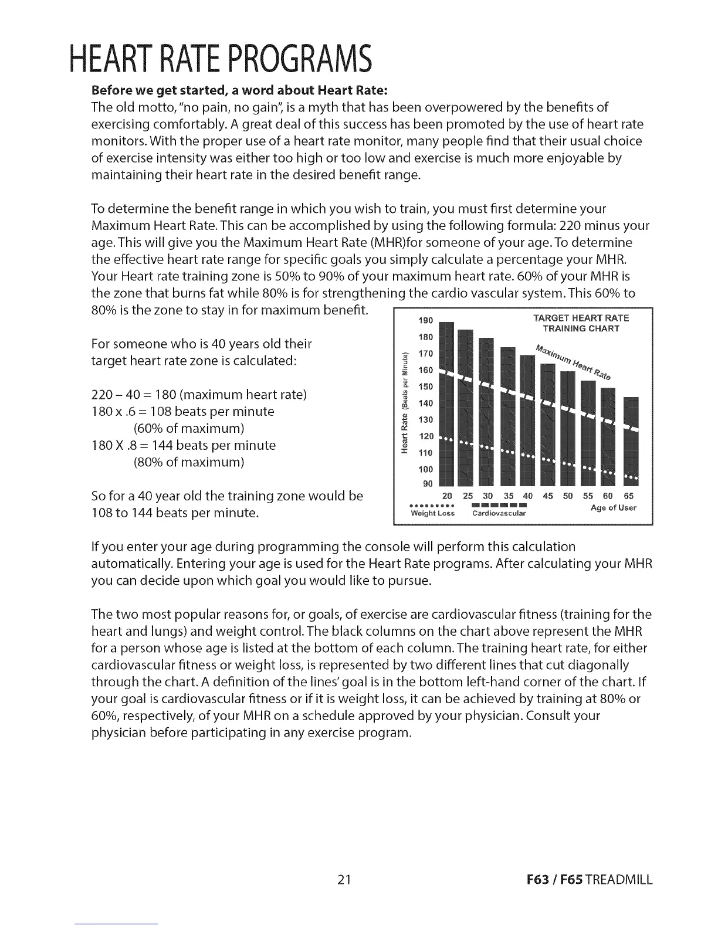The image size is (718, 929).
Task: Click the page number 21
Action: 344,880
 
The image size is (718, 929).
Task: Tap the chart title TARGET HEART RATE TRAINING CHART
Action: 581,323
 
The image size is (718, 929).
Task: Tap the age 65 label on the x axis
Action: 629,496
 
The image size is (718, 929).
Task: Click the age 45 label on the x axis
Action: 548,496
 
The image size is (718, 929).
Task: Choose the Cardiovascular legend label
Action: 499,514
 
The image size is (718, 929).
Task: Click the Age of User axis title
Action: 613,508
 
